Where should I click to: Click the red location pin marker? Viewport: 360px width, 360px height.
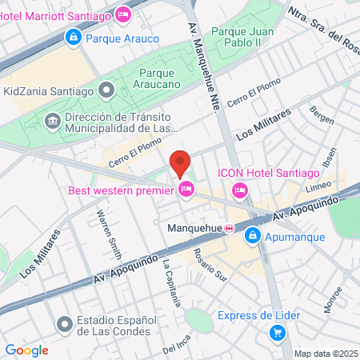point(180,163)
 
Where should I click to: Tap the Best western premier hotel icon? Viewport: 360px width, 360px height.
point(186,190)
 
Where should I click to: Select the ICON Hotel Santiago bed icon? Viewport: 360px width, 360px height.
point(239,190)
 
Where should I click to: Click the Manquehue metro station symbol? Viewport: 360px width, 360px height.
point(230,228)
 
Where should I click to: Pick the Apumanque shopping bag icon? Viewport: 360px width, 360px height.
point(253,236)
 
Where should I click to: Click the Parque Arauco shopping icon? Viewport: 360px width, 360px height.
point(74,37)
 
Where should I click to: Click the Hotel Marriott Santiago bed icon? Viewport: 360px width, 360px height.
point(122,14)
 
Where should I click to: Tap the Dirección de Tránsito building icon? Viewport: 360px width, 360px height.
point(53,122)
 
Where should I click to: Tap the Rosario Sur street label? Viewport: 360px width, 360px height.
point(210,266)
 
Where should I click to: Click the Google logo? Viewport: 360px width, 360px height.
point(26,350)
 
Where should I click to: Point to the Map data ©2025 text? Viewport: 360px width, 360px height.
point(326,354)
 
